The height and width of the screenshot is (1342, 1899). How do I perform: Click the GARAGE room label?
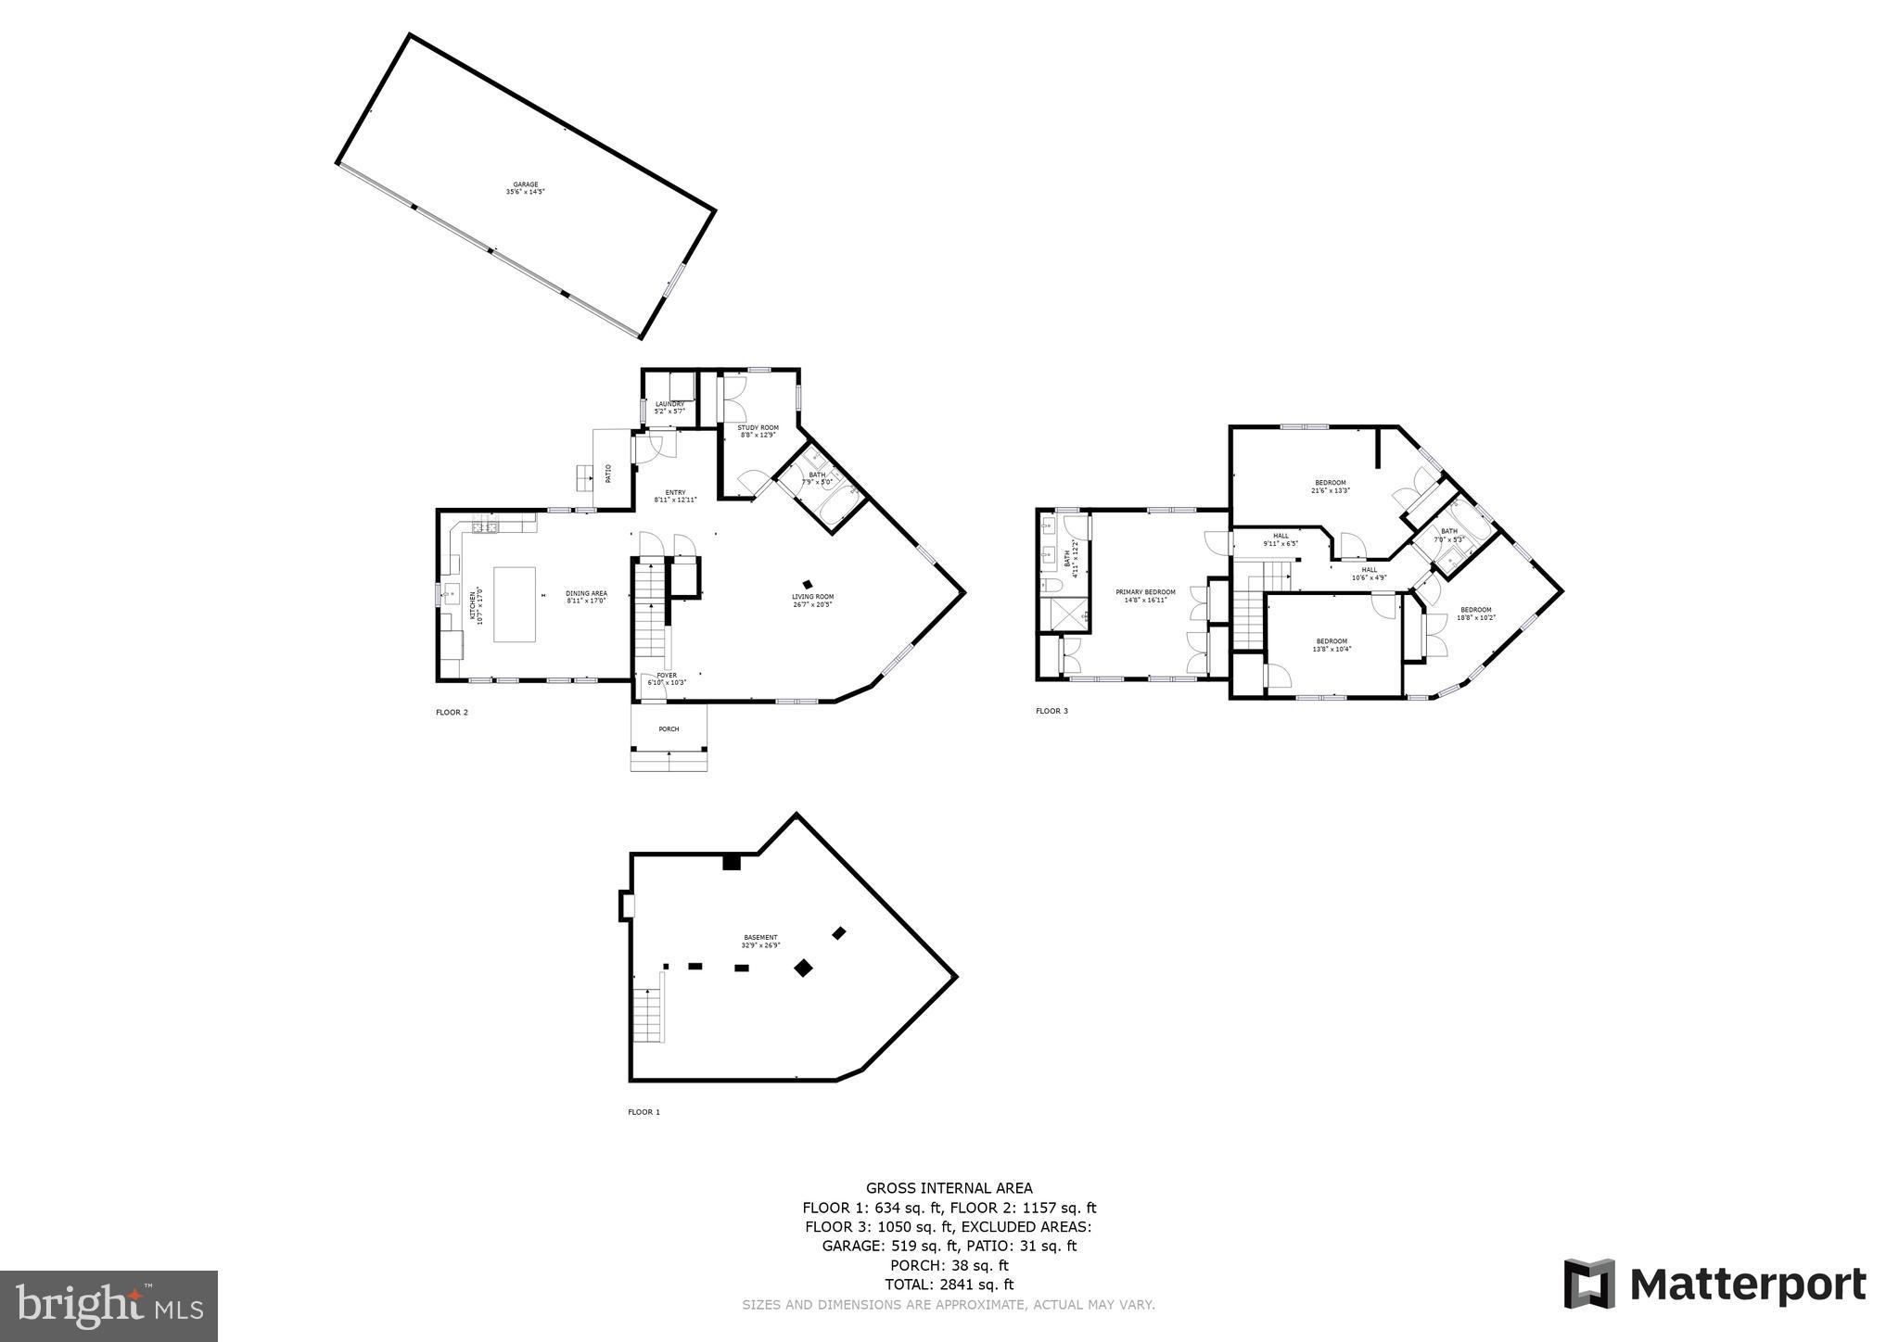tap(525, 188)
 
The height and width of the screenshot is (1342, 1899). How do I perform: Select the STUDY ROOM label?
tap(758, 431)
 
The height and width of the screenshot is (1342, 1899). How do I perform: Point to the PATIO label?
tap(608, 474)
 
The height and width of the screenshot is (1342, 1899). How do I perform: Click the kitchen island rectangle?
tap(514, 604)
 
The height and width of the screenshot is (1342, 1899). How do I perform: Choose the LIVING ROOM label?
tap(812, 600)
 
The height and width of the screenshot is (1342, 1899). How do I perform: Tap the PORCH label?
tap(669, 729)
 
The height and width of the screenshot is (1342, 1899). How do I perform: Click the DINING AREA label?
tap(586, 596)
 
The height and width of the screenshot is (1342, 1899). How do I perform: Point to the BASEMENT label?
tap(760, 941)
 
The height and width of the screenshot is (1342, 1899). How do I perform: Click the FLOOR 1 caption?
tap(644, 1112)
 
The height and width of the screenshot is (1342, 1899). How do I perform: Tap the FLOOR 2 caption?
tap(452, 713)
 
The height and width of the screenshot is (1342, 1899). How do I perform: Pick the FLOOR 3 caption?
tap(1051, 711)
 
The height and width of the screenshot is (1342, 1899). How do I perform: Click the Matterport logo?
tap(1714, 1285)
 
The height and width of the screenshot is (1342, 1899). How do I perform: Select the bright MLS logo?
tap(108, 1306)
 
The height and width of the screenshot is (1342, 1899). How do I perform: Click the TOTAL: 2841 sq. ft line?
tap(949, 1285)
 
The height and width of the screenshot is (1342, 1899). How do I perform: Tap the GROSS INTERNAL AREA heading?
tap(949, 1188)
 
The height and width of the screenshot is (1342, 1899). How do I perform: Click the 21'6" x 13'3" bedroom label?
tap(1330, 487)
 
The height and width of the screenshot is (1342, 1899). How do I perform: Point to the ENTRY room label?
tap(674, 496)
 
